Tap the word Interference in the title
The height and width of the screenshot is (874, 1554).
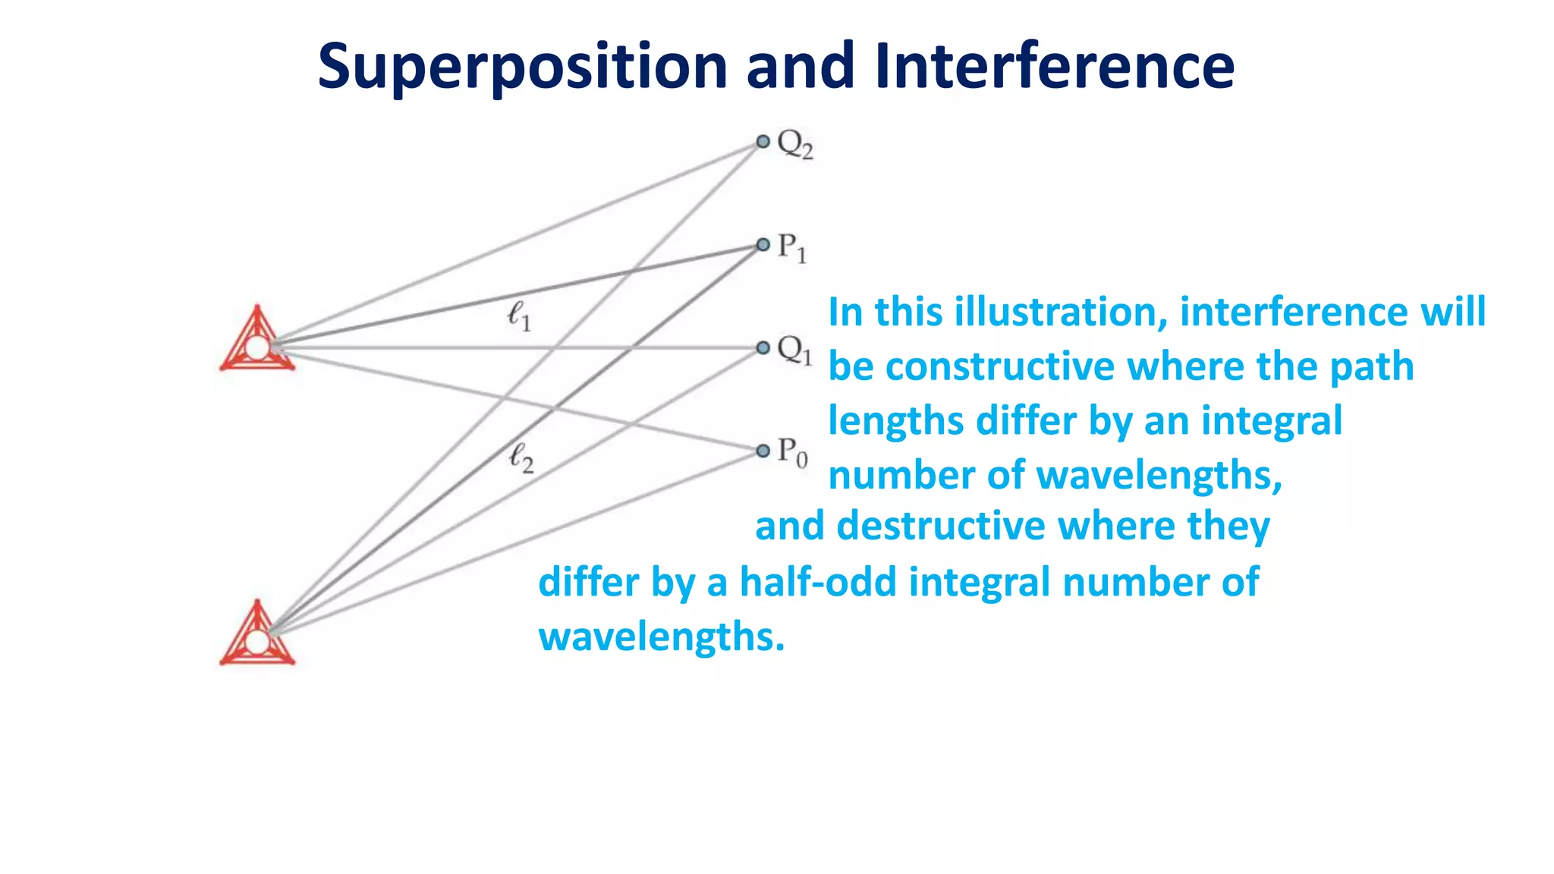click(1054, 67)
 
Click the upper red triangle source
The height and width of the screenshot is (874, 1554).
click(257, 341)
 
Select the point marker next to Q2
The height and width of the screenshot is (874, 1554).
click(763, 142)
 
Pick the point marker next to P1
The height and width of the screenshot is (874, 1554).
click(763, 245)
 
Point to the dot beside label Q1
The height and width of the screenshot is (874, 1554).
click(763, 348)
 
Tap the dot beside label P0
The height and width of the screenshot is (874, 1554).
click(763, 451)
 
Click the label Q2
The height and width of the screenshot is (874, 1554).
click(794, 144)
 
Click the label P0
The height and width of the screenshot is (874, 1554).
click(792, 453)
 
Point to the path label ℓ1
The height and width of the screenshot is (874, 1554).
click(519, 315)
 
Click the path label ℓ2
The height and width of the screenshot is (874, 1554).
click(521, 457)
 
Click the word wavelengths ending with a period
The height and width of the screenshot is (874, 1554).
click(661, 637)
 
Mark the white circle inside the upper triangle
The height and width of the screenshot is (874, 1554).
click(257, 348)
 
